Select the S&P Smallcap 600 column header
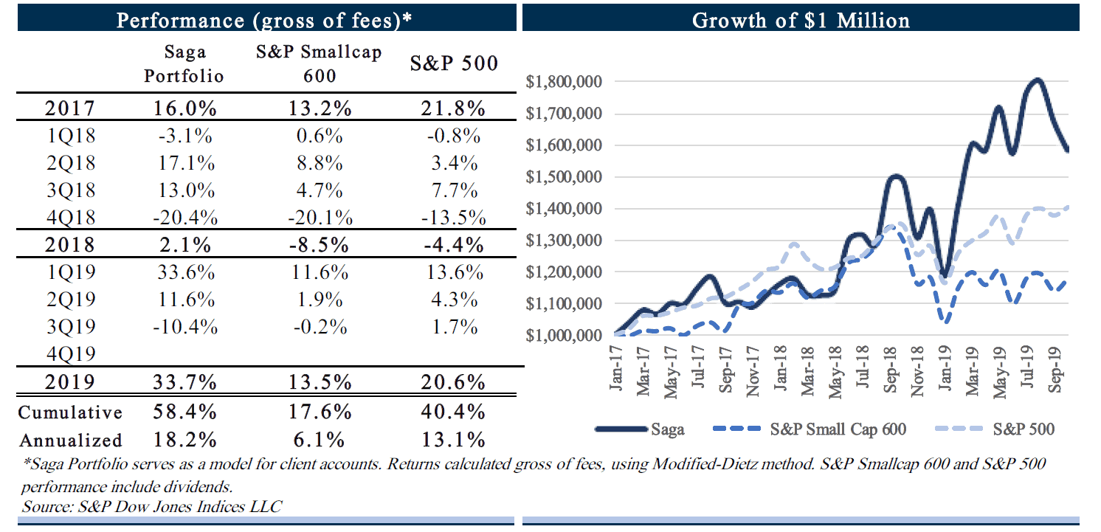[319, 64]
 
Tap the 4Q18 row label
[69, 218]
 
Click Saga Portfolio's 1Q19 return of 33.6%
[184, 272]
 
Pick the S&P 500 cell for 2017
[453, 108]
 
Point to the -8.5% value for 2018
[319, 244]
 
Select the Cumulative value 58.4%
[184, 412]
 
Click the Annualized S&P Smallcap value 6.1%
[319, 440]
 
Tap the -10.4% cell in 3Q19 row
[184, 327]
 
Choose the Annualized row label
[71, 440]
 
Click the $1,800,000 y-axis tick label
[562, 82]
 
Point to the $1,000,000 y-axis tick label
[562, 336]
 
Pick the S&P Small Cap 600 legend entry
[838, 429]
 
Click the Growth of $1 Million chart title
[801, 19]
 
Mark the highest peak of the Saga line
[1037, 80]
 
